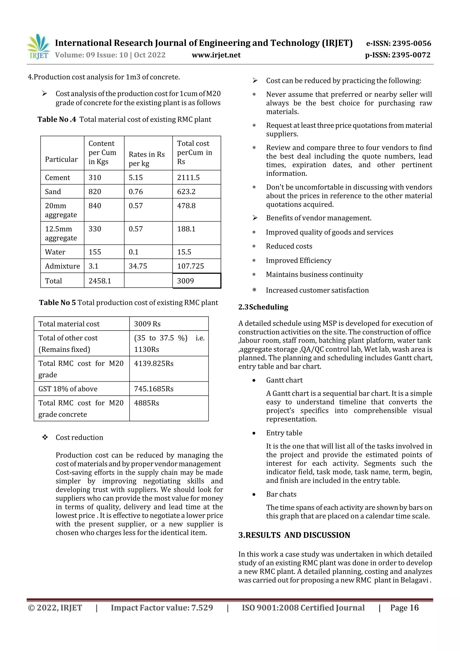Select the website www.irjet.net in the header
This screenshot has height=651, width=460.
point(216,55)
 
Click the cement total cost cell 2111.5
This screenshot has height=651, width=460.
point(188,178)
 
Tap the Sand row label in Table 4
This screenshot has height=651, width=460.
point(53,192)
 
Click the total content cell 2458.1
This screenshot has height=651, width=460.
point(100,281)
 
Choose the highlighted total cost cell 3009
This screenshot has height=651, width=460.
point(186,281)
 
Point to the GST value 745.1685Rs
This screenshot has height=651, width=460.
point(154,389)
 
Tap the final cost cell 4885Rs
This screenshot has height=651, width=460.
point(146,403)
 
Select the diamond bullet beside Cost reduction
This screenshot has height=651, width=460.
point(45,437)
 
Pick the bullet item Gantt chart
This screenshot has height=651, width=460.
point(284,380)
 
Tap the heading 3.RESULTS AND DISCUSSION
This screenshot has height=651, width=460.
point(294,535)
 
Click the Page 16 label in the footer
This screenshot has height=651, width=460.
point(404,608)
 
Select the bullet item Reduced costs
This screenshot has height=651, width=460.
point(289,246)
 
